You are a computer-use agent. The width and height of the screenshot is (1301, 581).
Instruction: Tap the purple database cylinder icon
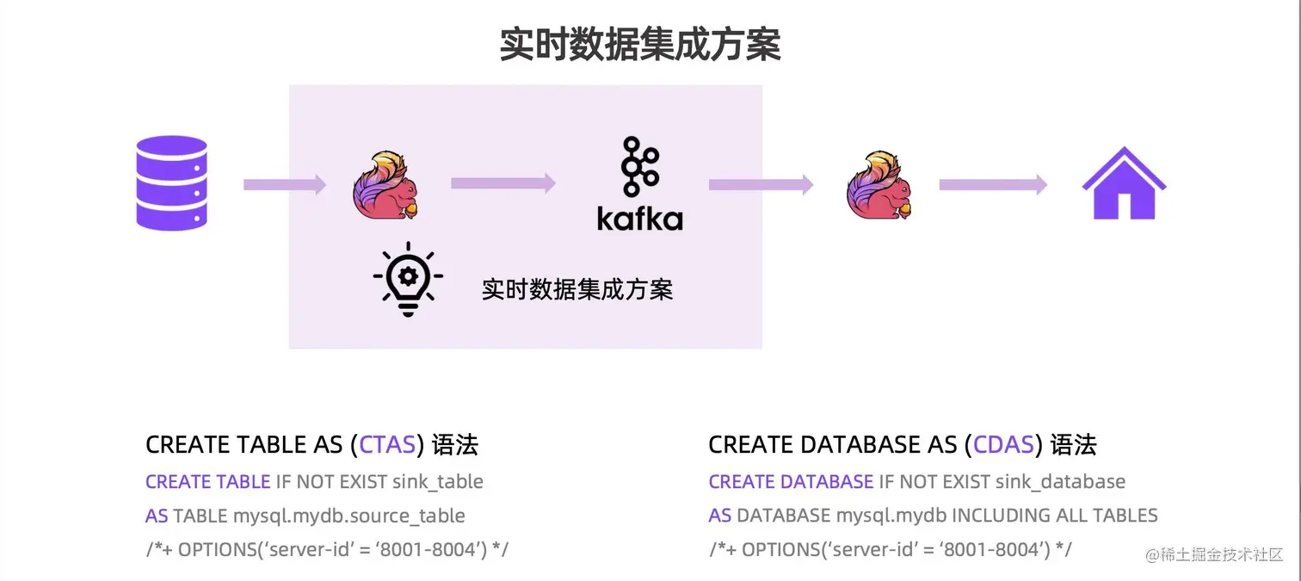(x=172, y=182)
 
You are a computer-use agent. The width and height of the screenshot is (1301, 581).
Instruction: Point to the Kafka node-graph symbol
(x=640, y=166)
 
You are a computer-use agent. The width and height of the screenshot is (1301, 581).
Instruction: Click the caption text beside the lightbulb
(x=577, y=289)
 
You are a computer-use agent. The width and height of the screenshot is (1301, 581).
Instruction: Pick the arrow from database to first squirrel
(x=285, y=184)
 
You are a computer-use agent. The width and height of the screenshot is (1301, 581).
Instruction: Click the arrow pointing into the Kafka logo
(x=503, y=182)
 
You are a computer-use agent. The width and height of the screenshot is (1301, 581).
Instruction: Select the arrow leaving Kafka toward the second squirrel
(x=761, y=184)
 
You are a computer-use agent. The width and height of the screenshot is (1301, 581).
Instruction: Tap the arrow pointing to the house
(x=992, y=184)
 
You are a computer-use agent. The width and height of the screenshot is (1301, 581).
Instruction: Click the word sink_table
(x=438, y=481)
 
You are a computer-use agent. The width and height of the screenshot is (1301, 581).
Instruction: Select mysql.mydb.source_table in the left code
(x=349, y=516)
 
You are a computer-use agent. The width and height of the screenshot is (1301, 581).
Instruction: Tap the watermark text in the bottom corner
(x=1213, y=554)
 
